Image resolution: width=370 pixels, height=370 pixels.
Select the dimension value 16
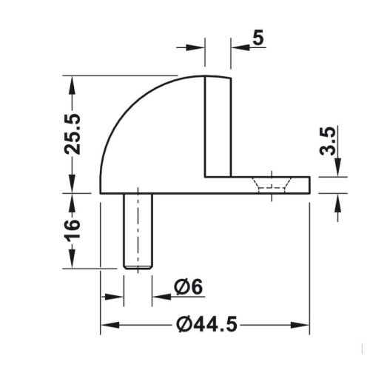coord(73,230)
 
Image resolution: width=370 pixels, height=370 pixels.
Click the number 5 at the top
coord(256,38)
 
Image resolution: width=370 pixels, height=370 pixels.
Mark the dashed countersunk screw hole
coord(272,183)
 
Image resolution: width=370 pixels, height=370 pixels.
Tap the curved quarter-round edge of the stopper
coord(129,111)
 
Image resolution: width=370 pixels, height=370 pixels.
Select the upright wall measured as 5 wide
coord(218,126)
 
